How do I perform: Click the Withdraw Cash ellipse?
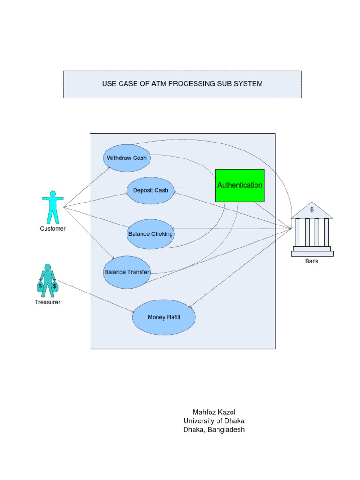(x=127, y=158)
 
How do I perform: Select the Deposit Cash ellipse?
(x=150, y=190)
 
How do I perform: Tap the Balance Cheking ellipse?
(x=150, y=234)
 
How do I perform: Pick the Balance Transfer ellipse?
(x=127, y=272)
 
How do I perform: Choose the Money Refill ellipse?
(x=164, y=317)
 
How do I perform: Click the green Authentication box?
(x=240, y=185)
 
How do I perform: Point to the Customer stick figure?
(x=52, y=207)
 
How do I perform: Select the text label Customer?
(x=52, y=229)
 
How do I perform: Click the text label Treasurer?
(x=47, y=302)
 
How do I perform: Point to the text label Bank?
(x=312, y=261)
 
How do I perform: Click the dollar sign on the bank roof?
(x=312, y=210)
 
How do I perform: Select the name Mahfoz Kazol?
(x=214, y=412)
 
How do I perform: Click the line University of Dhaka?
(x=214, y=421)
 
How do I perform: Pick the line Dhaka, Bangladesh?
(x=214, y=430)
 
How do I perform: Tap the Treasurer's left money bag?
(x=41, y=286)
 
